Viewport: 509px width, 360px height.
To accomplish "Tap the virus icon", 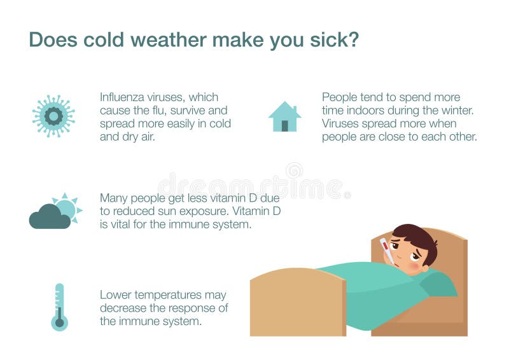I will coord(53,116).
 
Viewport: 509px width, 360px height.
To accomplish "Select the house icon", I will coord(284,117).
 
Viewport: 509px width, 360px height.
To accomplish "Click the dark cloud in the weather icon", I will coord(49,218).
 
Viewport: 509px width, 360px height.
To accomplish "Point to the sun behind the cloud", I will coord(67,207).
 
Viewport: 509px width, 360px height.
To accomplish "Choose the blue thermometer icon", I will coord(59,307).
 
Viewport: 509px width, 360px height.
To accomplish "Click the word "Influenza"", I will coord(126,97).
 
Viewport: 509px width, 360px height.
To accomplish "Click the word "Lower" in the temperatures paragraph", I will coord(115,295).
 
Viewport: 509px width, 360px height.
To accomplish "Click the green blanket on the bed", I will coord(375,289).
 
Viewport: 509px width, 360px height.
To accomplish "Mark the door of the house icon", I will coord(284,125).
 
